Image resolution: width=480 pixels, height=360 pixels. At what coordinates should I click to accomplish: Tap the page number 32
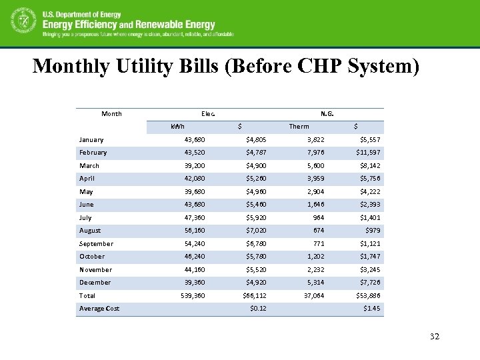(x=435, y=337)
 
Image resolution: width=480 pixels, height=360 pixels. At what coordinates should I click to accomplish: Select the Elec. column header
(x=208, y=113)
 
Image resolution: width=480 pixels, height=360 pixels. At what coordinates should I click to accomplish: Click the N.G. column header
(x=327, y=113)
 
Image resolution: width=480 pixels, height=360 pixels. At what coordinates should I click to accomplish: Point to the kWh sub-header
(x=177, y=127)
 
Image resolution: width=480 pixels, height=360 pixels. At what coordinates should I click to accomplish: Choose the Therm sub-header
(x=299, y=127)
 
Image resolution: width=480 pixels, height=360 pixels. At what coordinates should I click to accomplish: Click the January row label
(x=91, y=140)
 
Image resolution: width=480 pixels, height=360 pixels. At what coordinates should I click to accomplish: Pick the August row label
(x=90, y=231)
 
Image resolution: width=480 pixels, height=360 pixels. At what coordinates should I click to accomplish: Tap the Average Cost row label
(x=99, y=309)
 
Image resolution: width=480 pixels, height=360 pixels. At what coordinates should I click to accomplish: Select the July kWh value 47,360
(x=195, y=218)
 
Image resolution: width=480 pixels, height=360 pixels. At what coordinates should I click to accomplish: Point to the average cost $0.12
(x=257, y=309)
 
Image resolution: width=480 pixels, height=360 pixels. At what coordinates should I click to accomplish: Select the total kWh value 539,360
(x=192, y=295)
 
